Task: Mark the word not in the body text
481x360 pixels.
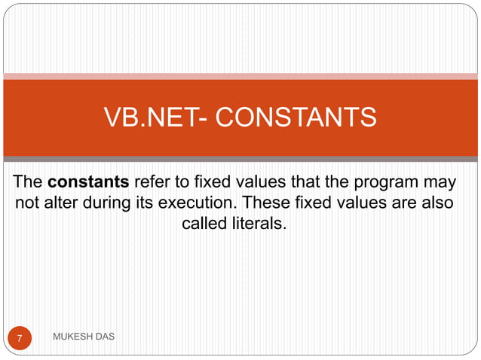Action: click(x=28, y=203)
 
